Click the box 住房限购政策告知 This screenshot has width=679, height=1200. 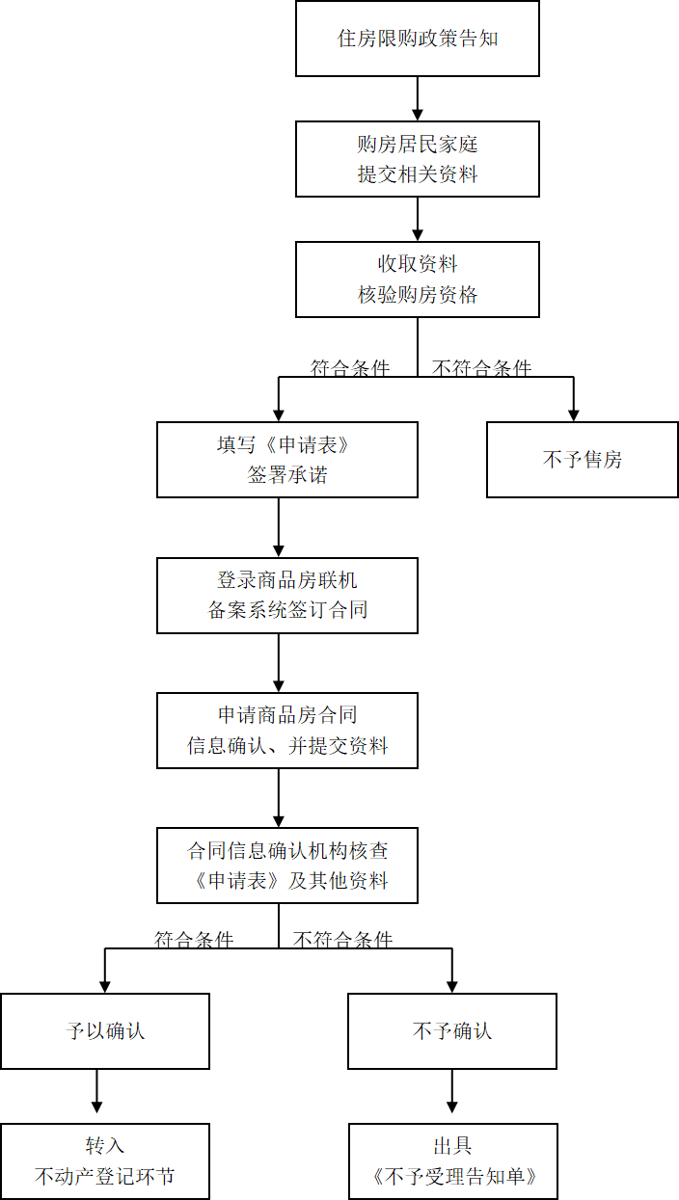(x=417, y=40)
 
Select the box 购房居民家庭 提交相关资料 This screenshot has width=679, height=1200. (x=417, y=159)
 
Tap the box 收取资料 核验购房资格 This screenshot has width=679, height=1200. (x=417, y=279)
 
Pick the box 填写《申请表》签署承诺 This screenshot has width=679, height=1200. (x=286, y=460)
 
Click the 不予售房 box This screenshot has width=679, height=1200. (x=582, y=460)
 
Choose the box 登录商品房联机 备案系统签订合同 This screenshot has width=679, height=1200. (x=286, y=595)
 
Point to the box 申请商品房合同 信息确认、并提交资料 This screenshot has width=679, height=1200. (x=286, y=730)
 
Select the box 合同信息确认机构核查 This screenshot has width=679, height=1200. (x=286, y=865)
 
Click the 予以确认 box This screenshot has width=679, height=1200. (x=104, y=1031)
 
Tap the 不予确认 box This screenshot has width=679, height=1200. (x=451, y=1031)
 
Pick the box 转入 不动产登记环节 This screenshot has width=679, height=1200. (x=104, y=1161)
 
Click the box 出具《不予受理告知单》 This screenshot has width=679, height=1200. (x=451, y=1161)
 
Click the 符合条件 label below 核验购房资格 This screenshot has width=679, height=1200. (x=350, y=368)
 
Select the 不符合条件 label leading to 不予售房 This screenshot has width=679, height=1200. (x=481, y=368)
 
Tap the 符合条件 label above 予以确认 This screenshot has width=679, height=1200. (x=194, y=940)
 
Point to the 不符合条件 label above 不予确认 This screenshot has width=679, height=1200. (x=343, y=940)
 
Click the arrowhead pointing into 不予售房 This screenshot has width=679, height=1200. (x=574, y=413)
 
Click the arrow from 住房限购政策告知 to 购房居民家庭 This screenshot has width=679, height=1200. (x=418, y=99)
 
